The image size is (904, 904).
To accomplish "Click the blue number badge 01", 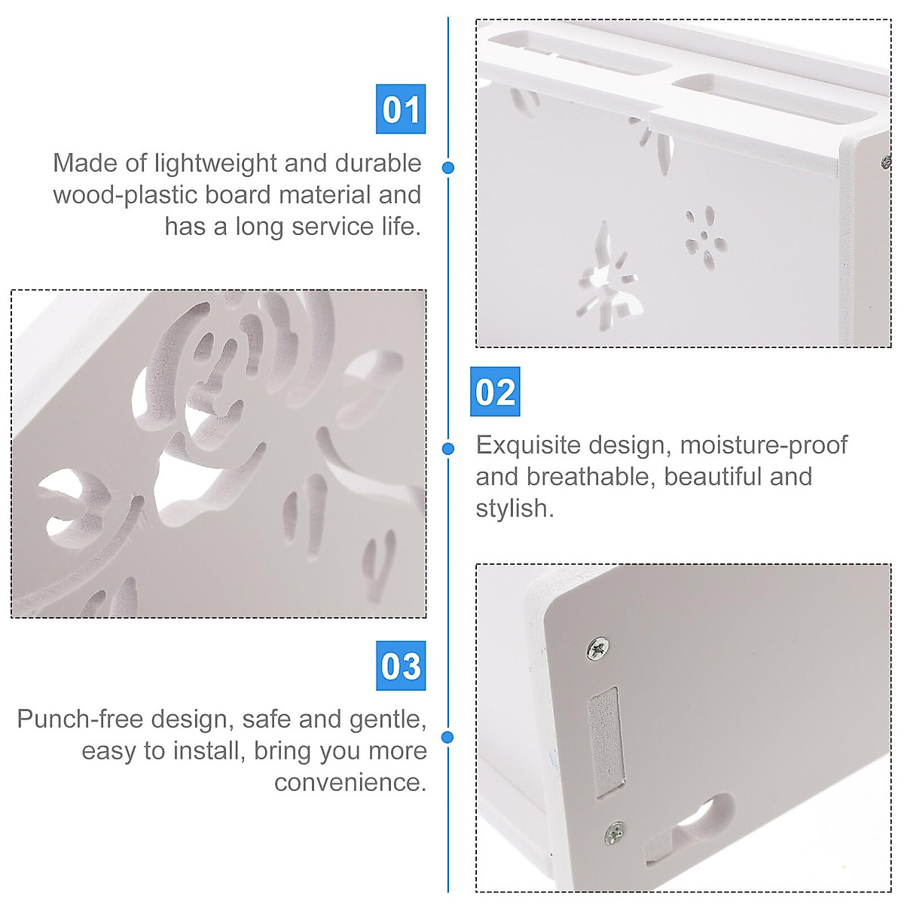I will click(x=401, y=109).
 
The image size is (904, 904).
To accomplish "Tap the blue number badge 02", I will click(x=495, y=392).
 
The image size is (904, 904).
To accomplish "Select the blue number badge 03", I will click(x=401, y=666).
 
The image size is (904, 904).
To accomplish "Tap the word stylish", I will click(x=514, y=508).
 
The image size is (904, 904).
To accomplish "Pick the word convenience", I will click(x=350, y=783).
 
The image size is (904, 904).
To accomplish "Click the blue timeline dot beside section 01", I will click(x=448, y=167).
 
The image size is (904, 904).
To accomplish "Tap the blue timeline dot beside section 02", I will click(x=448, y=449).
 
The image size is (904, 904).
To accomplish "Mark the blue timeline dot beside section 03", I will click(x=448, y=737).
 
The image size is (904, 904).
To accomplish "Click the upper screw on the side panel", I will click(x=599, y=648).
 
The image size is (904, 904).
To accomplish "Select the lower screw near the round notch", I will click(x=616, y=832).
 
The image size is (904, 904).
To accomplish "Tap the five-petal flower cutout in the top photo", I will click(x=705, y=238).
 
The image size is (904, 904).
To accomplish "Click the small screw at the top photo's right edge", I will click(x=886, y=161).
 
